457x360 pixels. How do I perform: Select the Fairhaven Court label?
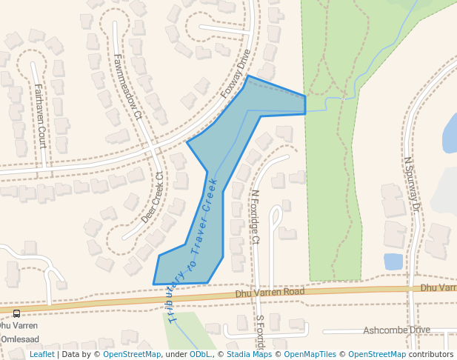coord(40,115)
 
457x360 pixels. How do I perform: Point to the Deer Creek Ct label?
coord(153,198)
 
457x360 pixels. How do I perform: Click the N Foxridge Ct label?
coord(255,216)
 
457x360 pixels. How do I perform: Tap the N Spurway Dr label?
coord(411,185)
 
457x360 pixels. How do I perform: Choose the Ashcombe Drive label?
coord(398,330)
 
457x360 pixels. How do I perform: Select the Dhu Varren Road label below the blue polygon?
coord(270,293)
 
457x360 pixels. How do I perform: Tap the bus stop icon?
coord(16,313)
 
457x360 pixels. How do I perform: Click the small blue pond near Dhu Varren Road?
coord(393,261)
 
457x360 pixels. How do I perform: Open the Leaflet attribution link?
coord(41,354)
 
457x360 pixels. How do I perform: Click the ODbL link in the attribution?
coord(200,354)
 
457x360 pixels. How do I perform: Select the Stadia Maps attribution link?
coord(249,354)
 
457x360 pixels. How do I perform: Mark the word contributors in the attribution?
coord(431,354)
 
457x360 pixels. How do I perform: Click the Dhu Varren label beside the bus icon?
coord(18,325)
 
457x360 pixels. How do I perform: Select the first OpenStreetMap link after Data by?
coord(132,354)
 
